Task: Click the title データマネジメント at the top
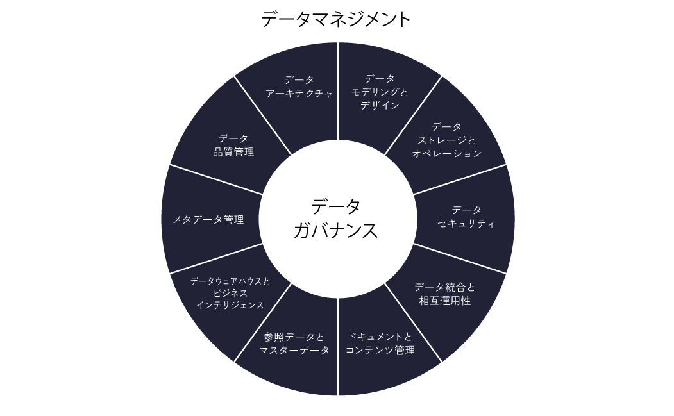click(336, 19)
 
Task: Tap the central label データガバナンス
click(336, 219)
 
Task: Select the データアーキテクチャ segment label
click(299, 87)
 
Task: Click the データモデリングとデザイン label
click(380, 92)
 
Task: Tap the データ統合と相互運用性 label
click(445, 294)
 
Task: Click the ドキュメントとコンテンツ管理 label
click(380, 344)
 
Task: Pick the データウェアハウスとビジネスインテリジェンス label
click(230, 293)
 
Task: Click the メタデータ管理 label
click(208, 220)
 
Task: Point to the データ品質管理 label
click(233, 145)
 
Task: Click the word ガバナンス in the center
click(336, 231)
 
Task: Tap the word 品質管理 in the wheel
click(233, 153)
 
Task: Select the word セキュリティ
click(466, 224)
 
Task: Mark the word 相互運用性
click(445, 301)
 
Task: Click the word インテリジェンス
click(230, 306)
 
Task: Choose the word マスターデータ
click(294, 351)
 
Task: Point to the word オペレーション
click(446, 154)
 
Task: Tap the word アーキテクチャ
click(299, 94)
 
